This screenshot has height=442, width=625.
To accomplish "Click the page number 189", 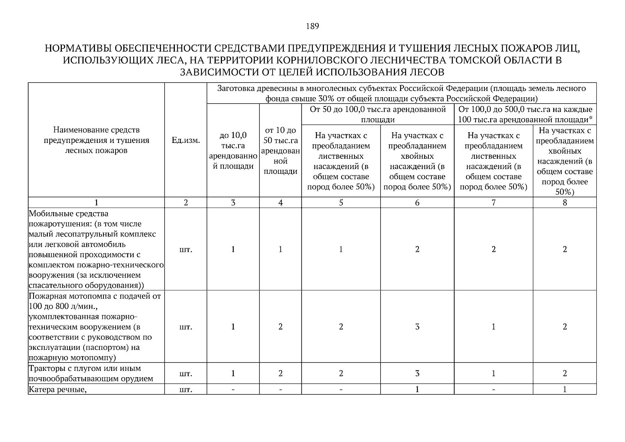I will (x=312, y=26).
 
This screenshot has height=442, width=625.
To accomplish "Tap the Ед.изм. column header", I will (x=186, y=140).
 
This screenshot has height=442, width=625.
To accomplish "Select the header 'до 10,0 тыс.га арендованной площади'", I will (x=233, y=151).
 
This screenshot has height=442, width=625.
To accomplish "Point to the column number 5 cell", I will (x=341, y=203).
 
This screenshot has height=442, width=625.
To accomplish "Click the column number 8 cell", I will (x=565, y=203).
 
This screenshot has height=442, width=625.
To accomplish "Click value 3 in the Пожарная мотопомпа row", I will (x=417, y=327).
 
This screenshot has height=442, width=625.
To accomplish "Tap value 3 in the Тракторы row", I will (x=417, y=373).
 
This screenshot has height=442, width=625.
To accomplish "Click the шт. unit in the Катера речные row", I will (x=186, y=390).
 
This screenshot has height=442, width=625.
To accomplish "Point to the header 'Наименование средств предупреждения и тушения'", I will (x=96, y=140).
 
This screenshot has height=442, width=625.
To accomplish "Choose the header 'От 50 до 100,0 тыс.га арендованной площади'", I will (x=378, y=114).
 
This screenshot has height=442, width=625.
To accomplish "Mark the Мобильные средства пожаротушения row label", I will (x=96, y=249).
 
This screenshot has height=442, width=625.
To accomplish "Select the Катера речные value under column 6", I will (x=417, y=389).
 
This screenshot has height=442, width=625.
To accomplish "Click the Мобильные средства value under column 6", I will (x=417, y=249).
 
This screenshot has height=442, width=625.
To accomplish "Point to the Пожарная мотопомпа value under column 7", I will (x=493, y=327).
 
